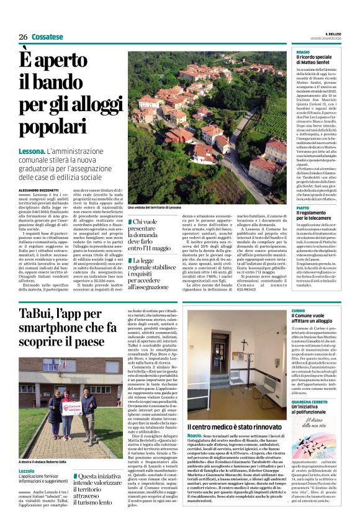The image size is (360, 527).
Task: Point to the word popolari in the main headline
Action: (50, 126)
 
